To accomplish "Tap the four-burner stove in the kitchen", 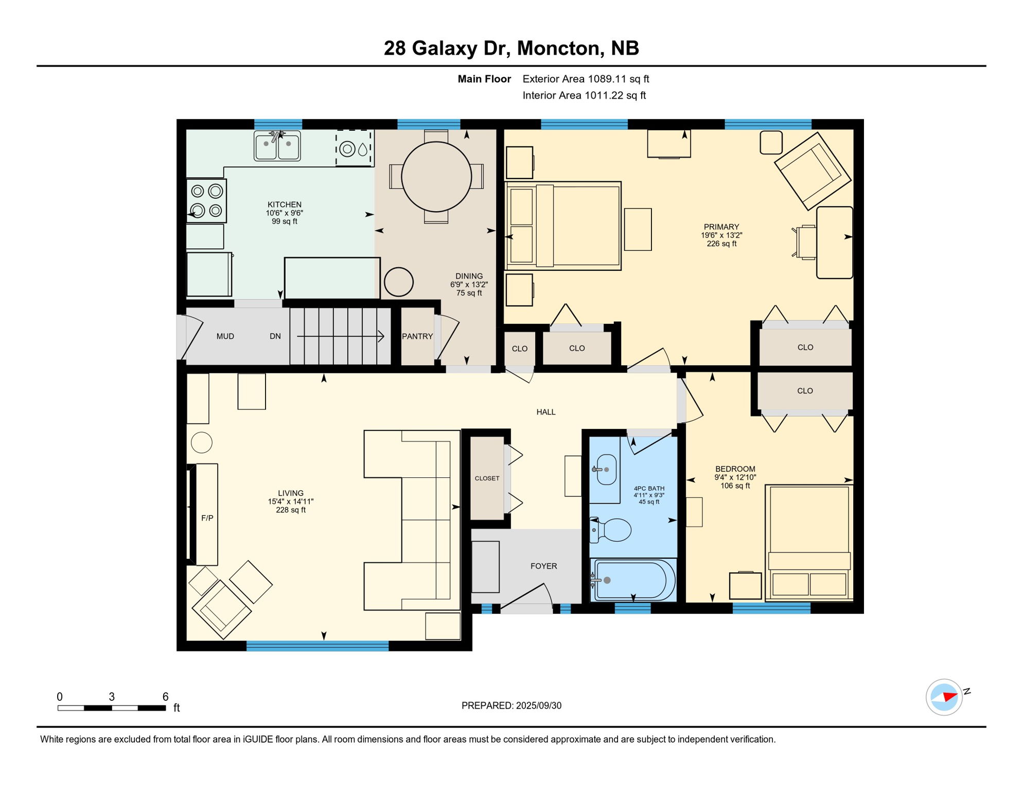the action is pyautogui.click(x=206, y=201).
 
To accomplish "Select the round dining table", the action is pyautogui.click(x=436, y=177).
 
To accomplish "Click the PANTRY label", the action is pyautogui.click(x=417, y=336).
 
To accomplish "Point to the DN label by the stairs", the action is pyautogui.click(x=275, y=336).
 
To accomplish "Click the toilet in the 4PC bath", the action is pyautogui.click(x=611, y=530).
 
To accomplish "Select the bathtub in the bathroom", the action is pyautogui.click(x=633, y=580).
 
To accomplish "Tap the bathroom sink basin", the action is pyautogui.click(x=606, y=470).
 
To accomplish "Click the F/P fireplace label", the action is pyautogui.click(x=207, y=518).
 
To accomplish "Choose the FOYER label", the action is pyautogui.click(x=544, y=566).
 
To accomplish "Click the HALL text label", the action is pyautogui.click(x=546, y=412).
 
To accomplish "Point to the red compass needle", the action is pyautogui.click(x=950, y=697).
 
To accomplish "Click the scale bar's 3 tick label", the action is pyautogui.click(x=112, y=697).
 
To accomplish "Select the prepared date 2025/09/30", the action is pyautogui.click(x=539, y=706).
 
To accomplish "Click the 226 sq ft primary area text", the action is pyautogui.click(x=721, y=244).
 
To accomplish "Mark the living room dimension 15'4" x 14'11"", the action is pyautogui.click(x=291, y=501).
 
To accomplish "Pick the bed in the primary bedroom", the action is pyautogui.click(x=563, y=226).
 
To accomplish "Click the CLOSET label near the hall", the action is pyautogui.click(x=487, y=478).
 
